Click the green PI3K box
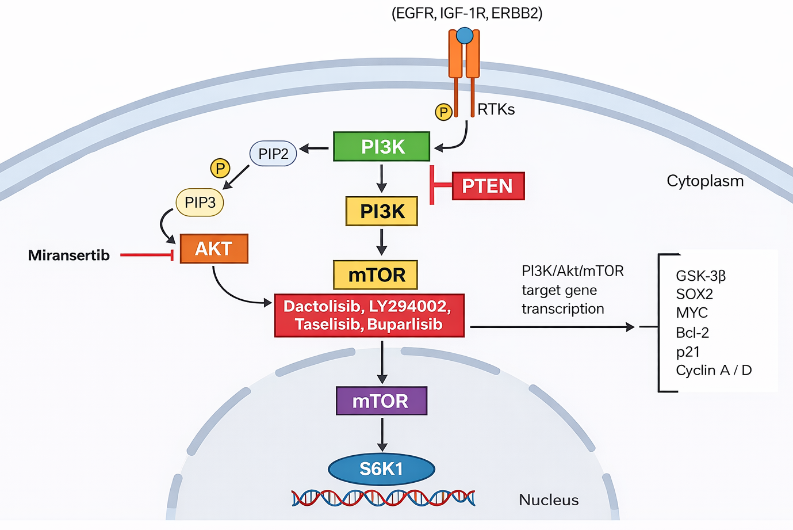[381, 147]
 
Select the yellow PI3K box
[381, 211]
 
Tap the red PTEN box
[488, 186]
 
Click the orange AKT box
[214, 249]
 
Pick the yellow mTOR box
[376, 274]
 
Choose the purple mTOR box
[381, 401]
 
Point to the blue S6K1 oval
[381, 469]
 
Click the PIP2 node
[273, 154]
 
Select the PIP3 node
[200, 202]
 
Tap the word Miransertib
[69, 255]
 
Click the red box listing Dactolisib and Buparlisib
[369, 315]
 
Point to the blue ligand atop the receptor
[465, 36]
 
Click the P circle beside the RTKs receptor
[443, 112]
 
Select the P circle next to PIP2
[220, 168]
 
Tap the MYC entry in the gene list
[692, 313]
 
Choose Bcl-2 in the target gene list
[692, 333]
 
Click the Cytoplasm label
[705, 181]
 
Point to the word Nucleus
[549, 500]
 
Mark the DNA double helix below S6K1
[383, 498]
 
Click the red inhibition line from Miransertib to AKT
[146, 255]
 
